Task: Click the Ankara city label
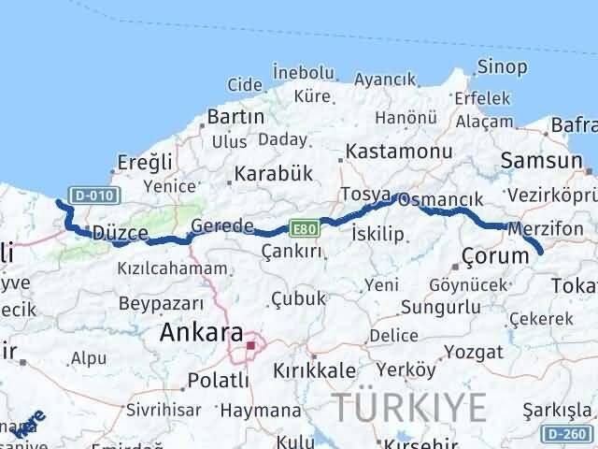click(202, 333)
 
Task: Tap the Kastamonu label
click(386, 151)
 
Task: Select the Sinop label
click(502, 65)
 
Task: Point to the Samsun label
click(541, 160)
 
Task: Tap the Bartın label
click(235, 117)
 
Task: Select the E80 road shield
click(303, 227)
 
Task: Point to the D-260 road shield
click(569, 433)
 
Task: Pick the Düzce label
click(116, 233)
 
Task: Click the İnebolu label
click(304, 72)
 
